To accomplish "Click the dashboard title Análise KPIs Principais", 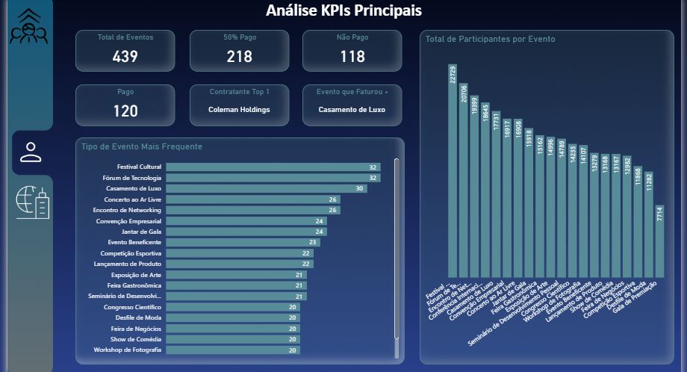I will coord(343,10).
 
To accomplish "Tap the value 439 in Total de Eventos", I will coord(125,56).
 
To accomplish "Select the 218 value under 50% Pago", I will coord(239,56).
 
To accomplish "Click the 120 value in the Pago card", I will coord(125,111).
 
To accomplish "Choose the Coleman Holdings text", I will coord(239,110).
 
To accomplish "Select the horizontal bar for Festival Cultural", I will coord(273,167).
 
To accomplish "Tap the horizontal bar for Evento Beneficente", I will coord(243,242).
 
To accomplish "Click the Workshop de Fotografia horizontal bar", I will coord(232,350).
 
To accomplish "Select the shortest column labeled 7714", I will coord(659,241).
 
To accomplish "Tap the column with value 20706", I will coord(464,180).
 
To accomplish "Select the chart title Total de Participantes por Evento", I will coord(490,39).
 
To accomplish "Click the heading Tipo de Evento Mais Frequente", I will coord(142,146).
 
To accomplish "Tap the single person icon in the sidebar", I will coord(31,152).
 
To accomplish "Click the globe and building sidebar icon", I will coord(32,202).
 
